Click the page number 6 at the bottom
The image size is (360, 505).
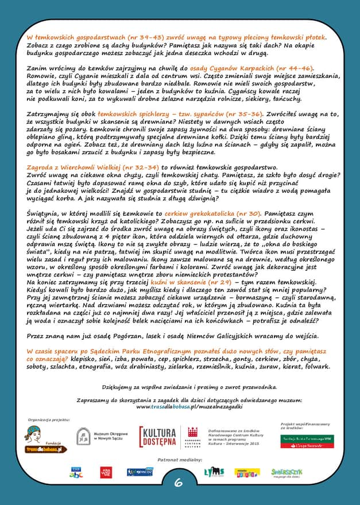click(x=179, y=483)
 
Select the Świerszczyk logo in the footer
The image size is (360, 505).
click(x=287, y=472)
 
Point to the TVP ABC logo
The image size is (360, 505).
click(x=76, y=472)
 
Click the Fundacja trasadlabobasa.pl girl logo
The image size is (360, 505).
click(x=45, y=440)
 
